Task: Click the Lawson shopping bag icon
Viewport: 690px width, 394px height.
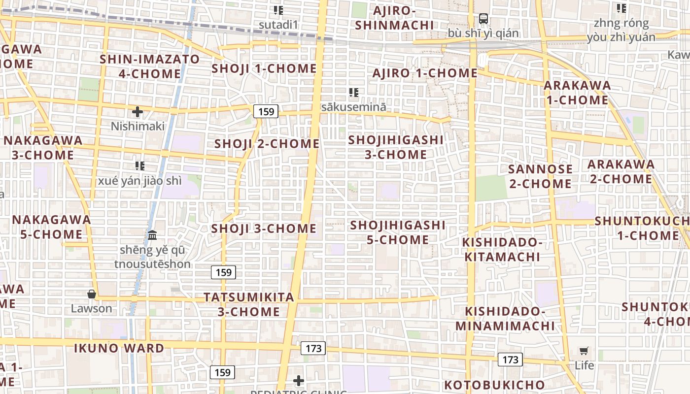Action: pos(91,295)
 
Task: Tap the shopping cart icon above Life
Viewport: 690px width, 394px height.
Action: pos(584,351)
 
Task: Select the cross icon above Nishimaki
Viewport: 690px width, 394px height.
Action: pos(138,112)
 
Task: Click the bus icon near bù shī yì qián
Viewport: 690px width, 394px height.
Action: pos(483,19)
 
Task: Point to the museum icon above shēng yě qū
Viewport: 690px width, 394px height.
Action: pos(152,235)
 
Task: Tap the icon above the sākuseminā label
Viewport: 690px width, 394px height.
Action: pos(353,93)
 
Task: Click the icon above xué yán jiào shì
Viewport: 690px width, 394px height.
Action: pos(140,166)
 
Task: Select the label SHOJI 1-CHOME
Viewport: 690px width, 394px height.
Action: pos(264,68)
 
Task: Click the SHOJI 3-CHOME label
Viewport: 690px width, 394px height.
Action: pos(264,229)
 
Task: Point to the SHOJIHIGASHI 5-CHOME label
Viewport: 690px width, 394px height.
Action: pos(397,232)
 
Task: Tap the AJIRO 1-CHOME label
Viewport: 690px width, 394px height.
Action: pos(425,73)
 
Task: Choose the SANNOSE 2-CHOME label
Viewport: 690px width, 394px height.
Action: pos(540,176)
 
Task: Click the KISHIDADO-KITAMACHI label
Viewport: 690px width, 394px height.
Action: pos(502,249)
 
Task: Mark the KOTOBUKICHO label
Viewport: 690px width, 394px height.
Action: pos(494,385)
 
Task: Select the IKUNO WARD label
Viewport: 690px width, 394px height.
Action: pos(119,348)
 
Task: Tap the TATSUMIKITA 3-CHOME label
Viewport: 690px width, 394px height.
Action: pos(249,304)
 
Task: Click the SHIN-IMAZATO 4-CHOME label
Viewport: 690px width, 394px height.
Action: pos(150,66)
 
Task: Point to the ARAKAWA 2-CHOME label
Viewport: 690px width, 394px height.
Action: pos(621,171)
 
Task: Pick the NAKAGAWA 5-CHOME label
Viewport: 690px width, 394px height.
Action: pos(51,227)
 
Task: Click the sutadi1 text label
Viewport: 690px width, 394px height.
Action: pos(279,24)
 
